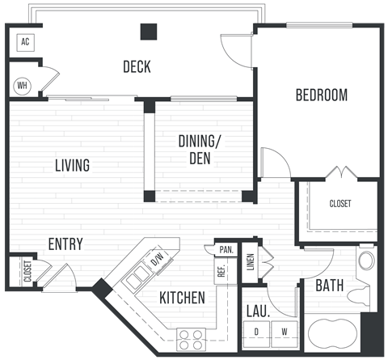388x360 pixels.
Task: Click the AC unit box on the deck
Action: click(24, 42)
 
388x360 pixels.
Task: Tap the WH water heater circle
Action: click(23, 84)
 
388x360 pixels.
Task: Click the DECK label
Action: click(137, 67)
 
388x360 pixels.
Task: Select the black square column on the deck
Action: click(148, 32)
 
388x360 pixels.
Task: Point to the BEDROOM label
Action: click(321, 95)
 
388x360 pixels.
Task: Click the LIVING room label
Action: click(72, 166)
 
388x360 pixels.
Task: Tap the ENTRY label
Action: click(65, 244)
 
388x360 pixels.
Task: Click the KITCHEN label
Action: click(182, 298)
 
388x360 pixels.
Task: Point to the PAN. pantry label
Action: click(225, 250)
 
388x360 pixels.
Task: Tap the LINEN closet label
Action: click(250, 260)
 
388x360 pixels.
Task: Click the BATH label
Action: click(329, 286)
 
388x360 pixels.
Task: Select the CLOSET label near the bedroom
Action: click(339, 204)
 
